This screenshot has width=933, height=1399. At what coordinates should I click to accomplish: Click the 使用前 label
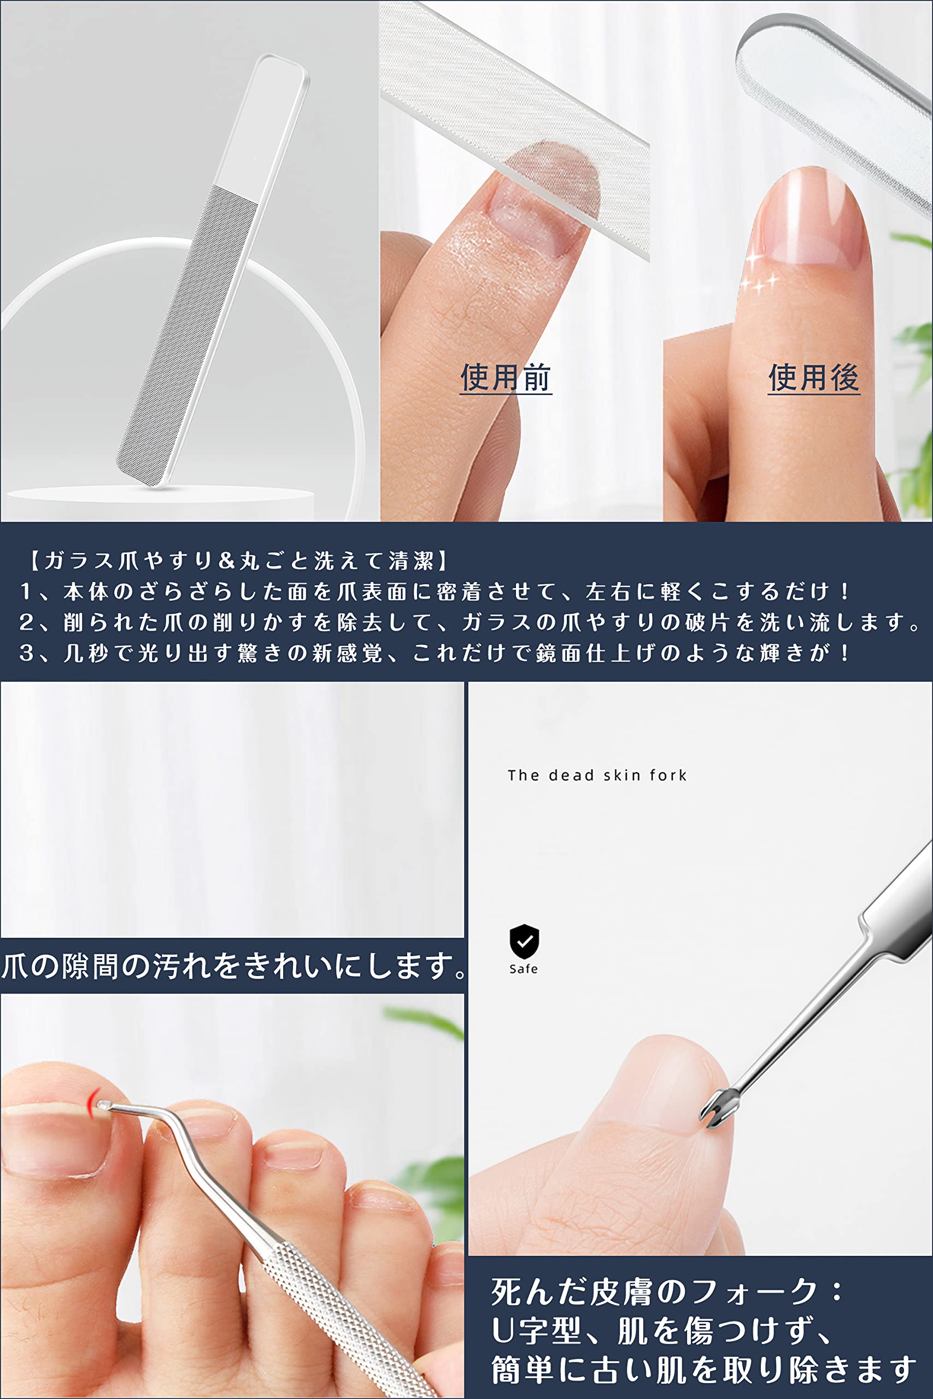(506, 378)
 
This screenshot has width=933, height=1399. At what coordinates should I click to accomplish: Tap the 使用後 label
(813, 378)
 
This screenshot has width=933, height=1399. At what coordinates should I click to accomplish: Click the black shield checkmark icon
(524, 941)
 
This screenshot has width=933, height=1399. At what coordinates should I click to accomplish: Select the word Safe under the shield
(524, 969)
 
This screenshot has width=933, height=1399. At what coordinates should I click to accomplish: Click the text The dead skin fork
(597, 775)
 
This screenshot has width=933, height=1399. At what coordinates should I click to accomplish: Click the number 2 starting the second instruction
(26, 622)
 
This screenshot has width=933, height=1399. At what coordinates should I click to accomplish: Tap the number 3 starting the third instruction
(26, 653)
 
